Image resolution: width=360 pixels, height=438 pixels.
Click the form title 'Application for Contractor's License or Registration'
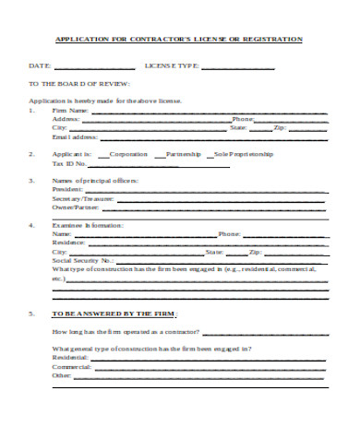180,40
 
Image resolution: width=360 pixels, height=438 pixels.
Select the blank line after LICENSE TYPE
237,67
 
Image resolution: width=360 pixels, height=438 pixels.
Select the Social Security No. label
83,260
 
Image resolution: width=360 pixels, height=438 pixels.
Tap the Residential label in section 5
72,358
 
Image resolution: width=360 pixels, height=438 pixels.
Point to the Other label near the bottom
62,375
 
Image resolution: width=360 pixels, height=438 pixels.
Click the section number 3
32,181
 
